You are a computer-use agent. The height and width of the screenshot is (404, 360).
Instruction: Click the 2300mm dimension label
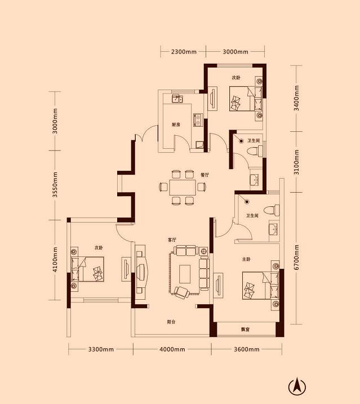tap(184, 52)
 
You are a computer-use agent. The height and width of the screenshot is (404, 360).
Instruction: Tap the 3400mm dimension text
tap(296, 98)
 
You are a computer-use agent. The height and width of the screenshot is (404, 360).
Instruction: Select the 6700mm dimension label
tap(296, 257)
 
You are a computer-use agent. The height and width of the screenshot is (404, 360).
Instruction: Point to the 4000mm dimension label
tap(172, 349)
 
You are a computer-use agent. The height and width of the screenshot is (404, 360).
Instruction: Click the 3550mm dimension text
tap(55, 185)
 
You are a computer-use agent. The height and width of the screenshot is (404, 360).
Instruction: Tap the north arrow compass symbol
tap(297, 387)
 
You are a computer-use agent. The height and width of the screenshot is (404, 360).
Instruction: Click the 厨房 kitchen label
tap(176, 125)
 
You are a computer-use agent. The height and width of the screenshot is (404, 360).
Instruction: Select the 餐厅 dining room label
tap(205, 175)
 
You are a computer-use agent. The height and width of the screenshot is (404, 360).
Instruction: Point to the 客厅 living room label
tap(172, 240)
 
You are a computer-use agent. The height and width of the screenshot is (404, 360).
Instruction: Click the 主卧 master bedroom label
tap(246, 259)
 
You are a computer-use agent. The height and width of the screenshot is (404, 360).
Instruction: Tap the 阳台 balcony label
tap(171, 322)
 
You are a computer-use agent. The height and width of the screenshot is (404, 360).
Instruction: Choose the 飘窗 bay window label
tap(245, 329)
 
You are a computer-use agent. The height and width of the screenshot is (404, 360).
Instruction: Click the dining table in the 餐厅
tap(183, 188)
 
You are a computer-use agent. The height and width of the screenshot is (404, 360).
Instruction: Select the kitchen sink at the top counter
tap(177, 99)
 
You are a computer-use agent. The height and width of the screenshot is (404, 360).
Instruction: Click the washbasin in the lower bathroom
tap(274, 229)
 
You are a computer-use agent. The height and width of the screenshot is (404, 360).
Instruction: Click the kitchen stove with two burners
tap(198, 120)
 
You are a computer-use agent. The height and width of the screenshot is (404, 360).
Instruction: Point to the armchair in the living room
tap(182, 292)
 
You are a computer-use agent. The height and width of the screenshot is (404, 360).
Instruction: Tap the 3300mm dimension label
tap(101, 349)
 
